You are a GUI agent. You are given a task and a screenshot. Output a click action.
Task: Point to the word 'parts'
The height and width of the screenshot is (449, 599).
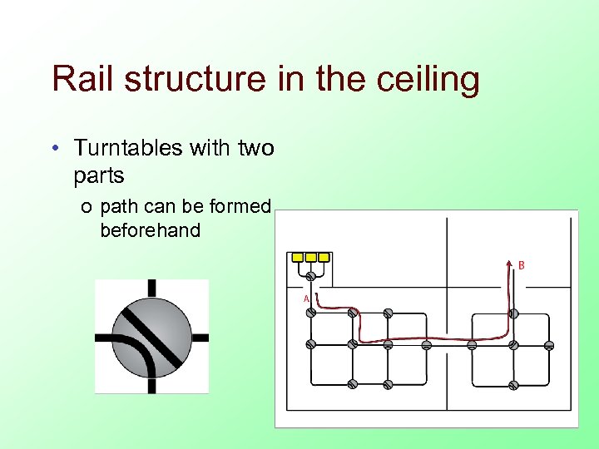click(99, 175)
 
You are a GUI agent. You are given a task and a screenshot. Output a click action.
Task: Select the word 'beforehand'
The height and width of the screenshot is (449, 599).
click(150, 230)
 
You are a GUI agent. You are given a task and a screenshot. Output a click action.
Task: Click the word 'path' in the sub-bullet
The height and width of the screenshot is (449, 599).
click(120, 206)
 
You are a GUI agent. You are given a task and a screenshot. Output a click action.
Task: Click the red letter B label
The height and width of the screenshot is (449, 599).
click(522, 265)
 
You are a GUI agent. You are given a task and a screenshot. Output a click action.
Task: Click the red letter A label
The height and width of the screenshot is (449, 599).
click(306, 298)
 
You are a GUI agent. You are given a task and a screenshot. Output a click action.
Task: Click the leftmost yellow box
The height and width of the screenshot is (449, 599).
click(299, 257)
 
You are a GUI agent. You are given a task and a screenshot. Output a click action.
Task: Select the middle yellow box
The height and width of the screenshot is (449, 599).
click(311, 257)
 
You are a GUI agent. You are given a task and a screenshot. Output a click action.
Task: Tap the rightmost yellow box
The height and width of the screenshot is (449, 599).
click(323, 257)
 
